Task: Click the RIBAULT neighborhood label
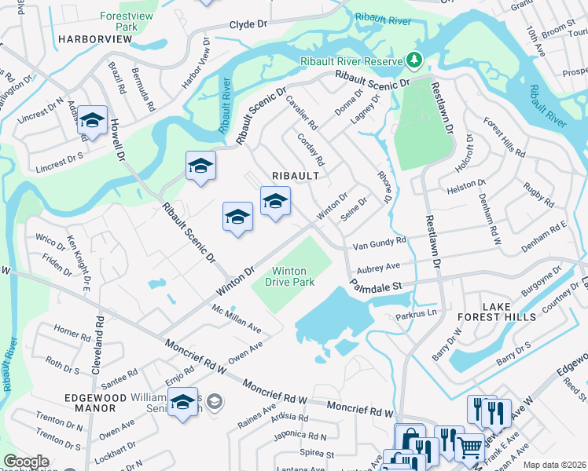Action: point(295,176)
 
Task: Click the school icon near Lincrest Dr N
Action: point(93,121)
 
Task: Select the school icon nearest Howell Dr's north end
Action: point(200,166)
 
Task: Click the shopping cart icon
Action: point(470,447)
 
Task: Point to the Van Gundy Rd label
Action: point(379,244)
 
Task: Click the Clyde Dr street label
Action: point(249,25)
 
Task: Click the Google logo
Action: point(27,462)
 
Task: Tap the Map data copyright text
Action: point(554,465)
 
